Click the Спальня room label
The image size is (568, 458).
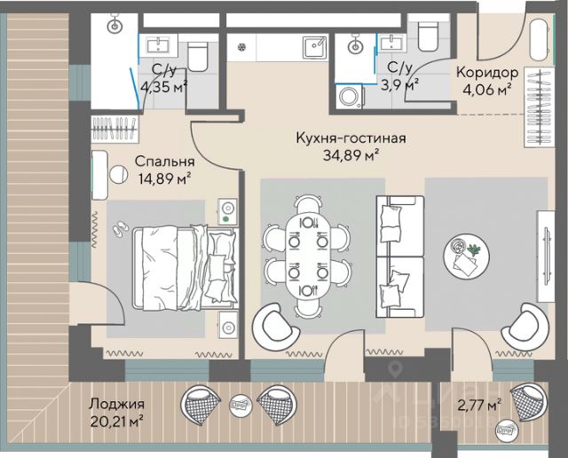click(x=164, y=162)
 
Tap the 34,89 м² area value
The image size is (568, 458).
click(x=351, y=154)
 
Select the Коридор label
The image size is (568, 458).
click(x=487, y=73)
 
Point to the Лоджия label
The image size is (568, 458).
click(x=116, y=404)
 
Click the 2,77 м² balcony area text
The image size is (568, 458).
click(x=480, y=405)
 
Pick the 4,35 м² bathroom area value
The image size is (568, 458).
click(x=163, y=87)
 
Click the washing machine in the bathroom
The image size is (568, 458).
click(x=350, y=97)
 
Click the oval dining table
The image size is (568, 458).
click(x=308, y=257)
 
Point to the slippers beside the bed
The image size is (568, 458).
click(x=121, y=229)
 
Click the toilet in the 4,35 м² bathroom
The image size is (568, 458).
click(x=198, y=56)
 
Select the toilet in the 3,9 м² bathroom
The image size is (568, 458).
click(x=429, y=36)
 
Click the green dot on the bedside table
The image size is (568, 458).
click(x=225, y=219)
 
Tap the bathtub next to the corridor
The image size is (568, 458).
click(x=541, y=40)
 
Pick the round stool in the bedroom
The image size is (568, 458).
click(x=118, y=175)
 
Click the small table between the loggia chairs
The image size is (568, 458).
click(x=239, y=403)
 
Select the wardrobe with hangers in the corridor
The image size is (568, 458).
click(x=539, y=107)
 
